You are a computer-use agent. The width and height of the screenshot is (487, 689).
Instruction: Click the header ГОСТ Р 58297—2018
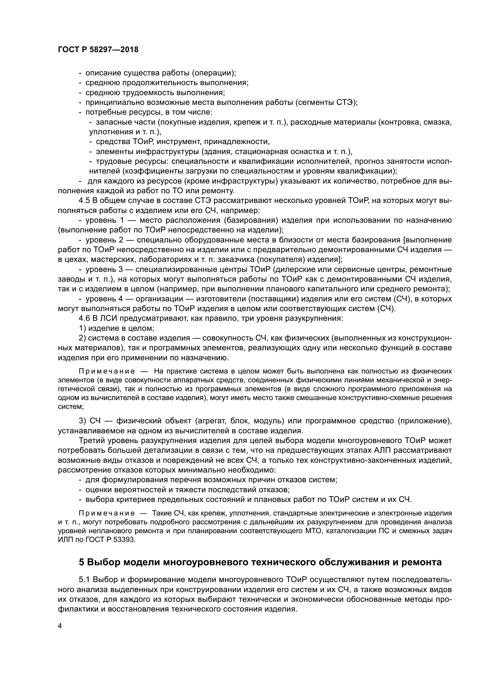point(98,50)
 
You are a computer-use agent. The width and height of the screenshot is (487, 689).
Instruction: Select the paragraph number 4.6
point(84,318)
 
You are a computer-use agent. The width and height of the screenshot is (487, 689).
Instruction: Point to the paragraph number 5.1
point(84,579)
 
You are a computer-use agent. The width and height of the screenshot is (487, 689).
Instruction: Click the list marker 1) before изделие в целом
point(82,328)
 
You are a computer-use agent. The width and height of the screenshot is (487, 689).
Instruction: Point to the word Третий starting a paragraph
point(92,440)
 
